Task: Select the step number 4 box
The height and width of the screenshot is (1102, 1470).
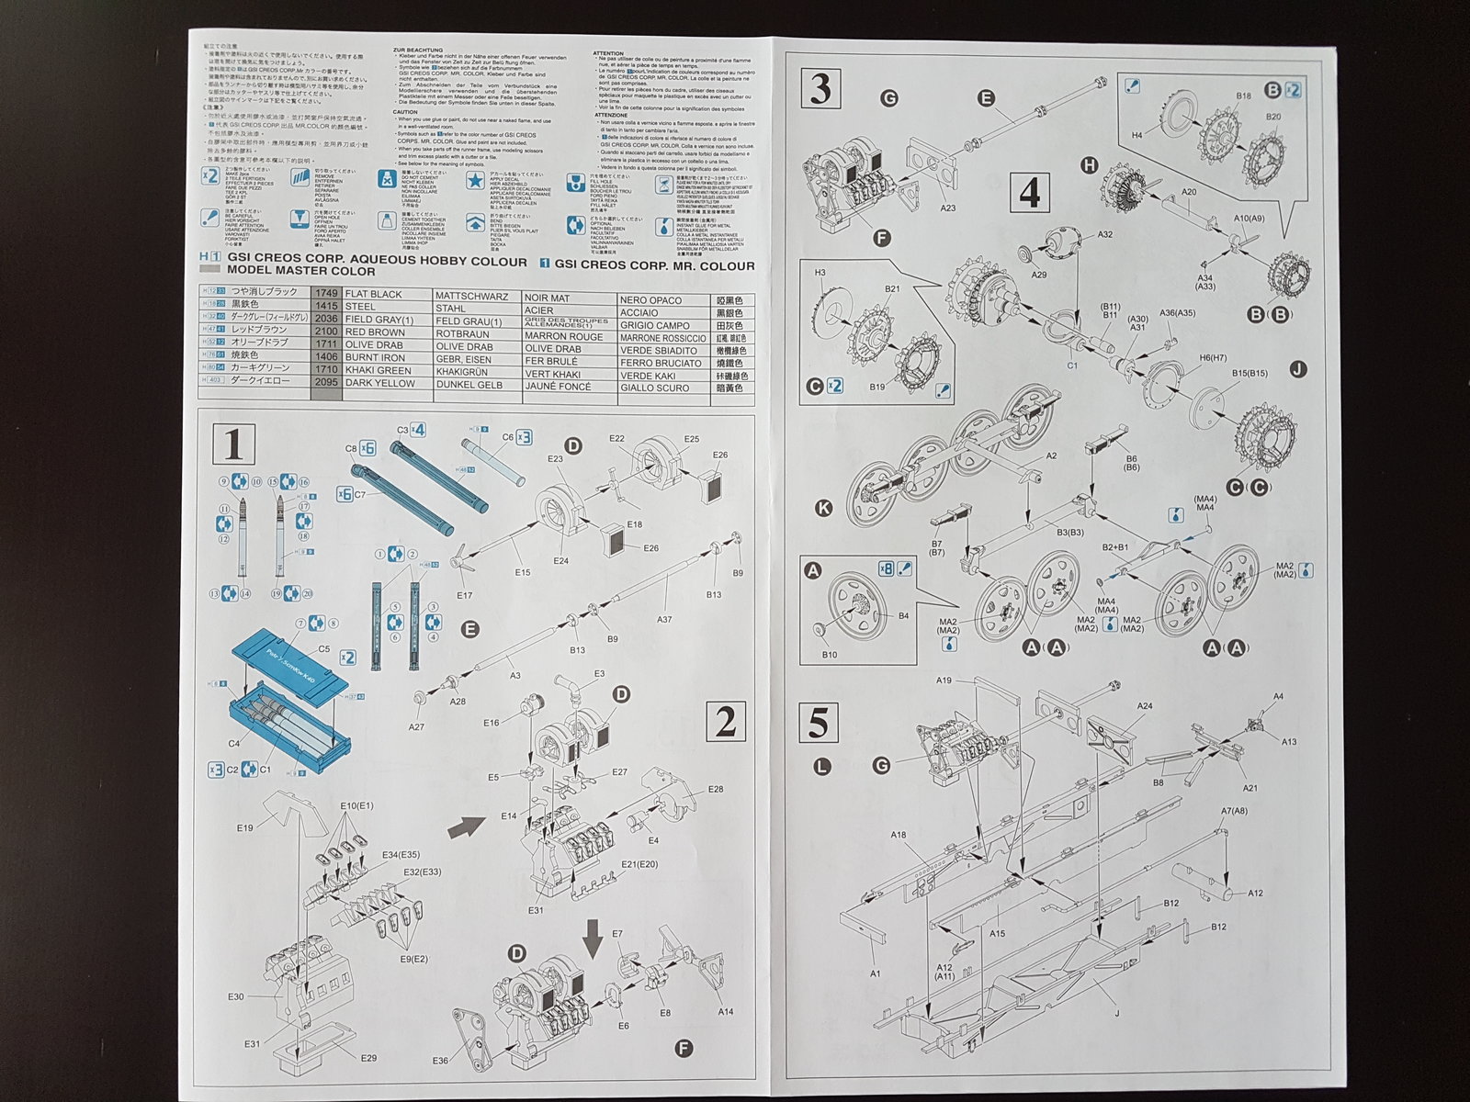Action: (1030, 194)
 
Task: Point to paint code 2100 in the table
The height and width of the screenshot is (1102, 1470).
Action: (327, 332)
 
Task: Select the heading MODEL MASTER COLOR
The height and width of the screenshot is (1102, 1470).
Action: (301, 272)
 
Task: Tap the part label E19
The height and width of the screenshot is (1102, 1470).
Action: (244, 827)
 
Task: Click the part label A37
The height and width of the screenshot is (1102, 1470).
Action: (664, 619)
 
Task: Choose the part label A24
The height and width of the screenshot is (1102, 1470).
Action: (1145, 706)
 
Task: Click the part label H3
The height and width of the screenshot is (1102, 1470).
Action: (820, 272)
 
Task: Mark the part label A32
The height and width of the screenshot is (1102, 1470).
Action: (1104, 235)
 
